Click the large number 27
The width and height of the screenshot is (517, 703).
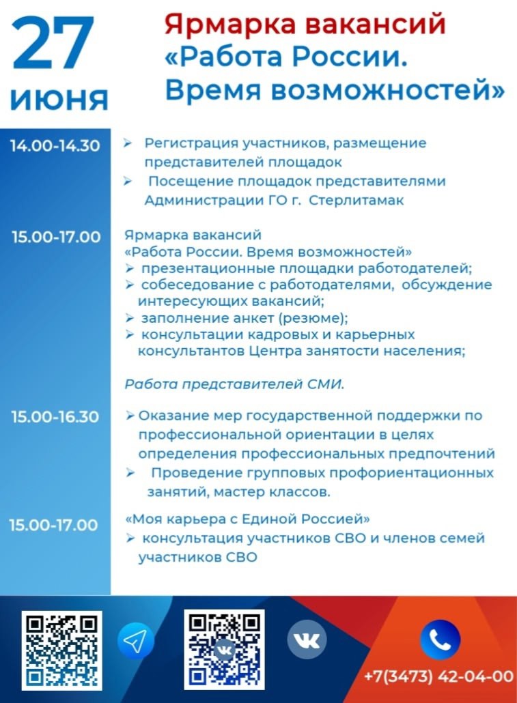pos(53,43)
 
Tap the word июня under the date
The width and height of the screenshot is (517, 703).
pos(59,99)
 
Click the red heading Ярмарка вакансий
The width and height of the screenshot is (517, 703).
pos(305,24)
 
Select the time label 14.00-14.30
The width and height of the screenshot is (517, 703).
pos(55,145)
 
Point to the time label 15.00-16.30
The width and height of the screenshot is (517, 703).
pos(55,417)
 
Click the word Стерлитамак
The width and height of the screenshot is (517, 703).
pos(357,200)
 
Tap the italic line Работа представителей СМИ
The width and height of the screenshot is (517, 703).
pos(234,384)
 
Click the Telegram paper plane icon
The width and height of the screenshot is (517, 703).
pos(135,641)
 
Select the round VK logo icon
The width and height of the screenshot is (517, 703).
pos(307,640)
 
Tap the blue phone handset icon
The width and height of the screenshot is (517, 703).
pos(440,640)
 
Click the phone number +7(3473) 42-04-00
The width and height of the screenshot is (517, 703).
pos(438,676)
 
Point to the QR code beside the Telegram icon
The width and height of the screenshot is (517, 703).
pos(62,650)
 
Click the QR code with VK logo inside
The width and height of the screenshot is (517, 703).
pos(225,650)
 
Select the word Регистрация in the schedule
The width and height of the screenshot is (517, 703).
pos(191,143)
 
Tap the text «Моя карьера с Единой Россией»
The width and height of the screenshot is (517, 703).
pos(247,519)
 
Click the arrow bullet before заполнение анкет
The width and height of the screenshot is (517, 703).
pos(130,318)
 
